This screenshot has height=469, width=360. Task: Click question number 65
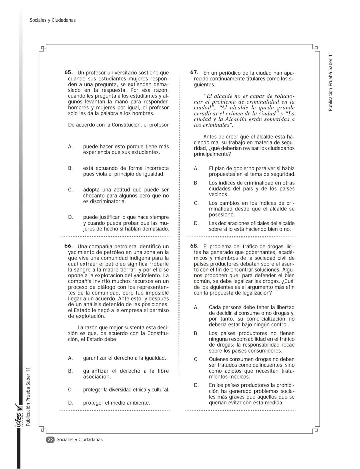68,72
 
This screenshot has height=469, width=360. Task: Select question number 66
68,246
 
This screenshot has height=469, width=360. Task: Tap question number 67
194,72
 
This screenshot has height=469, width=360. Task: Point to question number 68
194,246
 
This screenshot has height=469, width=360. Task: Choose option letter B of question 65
70,168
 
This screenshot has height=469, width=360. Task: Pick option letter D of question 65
70,217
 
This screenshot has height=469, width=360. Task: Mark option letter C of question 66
70,390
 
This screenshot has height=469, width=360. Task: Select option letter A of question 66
70,358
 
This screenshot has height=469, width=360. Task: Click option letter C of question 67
196,203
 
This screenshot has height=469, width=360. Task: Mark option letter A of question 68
196,308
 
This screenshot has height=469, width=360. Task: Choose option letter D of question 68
196,385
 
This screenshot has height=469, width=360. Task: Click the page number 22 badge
50,440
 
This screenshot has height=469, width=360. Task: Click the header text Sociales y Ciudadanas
53,20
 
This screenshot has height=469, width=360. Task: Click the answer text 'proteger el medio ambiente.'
116,403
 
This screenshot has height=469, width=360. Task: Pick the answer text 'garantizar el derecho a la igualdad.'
124,358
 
